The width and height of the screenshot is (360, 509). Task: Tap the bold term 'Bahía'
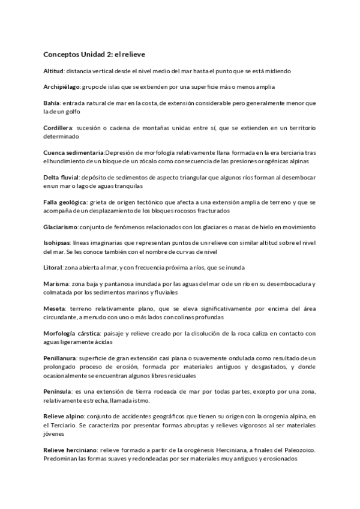pos(52,103)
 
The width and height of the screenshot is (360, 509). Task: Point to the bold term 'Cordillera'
pos(58,128)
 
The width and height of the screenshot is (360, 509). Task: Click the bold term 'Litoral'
pos(53,267)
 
